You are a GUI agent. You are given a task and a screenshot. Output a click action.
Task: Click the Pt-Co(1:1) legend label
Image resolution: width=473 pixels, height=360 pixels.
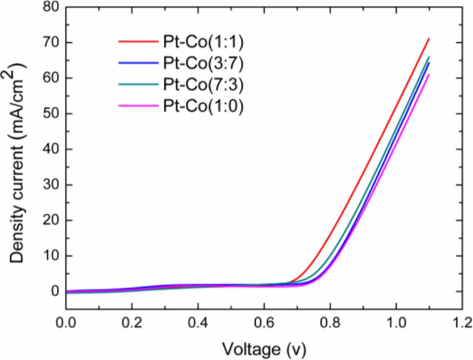pyautogui.click(x=203, y=43)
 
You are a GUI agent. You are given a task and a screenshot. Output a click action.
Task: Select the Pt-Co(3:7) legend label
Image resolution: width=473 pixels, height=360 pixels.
pyautogui.click(x=203, y=64)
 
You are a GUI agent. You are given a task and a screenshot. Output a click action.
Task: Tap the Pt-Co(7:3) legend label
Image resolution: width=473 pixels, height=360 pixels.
pyautogui.click(x=203, y=85)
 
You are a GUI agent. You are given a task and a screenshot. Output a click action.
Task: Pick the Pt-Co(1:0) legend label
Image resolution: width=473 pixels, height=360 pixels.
pyautogui.click(x=203, y=106)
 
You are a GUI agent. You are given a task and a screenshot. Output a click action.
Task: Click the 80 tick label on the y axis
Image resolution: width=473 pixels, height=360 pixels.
pyautogui.click(x=51, y=7)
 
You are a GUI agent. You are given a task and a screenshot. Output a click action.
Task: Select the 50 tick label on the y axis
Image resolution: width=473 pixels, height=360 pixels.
pyautogui.click(x=51, y=114)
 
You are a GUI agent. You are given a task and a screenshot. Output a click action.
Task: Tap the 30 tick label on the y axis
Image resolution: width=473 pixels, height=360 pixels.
pyautogui.click(x=51, y=185)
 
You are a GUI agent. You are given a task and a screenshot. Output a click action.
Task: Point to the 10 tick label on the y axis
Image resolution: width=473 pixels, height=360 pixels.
pyautogui.click(x=51, y=256)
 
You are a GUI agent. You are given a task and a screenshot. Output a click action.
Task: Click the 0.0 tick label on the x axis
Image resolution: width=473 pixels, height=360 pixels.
pyautogui.click(x=66, y=323)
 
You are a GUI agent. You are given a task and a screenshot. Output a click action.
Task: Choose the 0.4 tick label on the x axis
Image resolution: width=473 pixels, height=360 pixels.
pyautogui.click(x=198, y=323)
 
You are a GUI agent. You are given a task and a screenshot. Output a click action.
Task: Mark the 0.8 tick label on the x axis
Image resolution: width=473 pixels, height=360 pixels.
pyautogui.click(x=330, y=323)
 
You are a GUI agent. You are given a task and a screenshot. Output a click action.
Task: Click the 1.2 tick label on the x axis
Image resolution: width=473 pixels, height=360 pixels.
pyautogui.click(x=462, y=323)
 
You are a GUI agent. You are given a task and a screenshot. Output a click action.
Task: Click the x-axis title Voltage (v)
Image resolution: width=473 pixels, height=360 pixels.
pyautogui.click(x=264, y=348)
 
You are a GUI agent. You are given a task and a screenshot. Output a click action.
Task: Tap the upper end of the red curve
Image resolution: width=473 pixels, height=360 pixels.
pyautogui.click(x=429, y=38)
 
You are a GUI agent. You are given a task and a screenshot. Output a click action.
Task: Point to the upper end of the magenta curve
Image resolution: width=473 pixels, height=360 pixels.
pyautogui.click(x=429, y=75)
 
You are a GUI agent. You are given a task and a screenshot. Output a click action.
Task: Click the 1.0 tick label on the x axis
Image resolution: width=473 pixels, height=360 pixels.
pyautogui.click(x=396, y=323)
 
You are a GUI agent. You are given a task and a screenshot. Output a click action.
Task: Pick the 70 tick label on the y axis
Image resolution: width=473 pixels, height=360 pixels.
pyautogui.click(x=51, y=43)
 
